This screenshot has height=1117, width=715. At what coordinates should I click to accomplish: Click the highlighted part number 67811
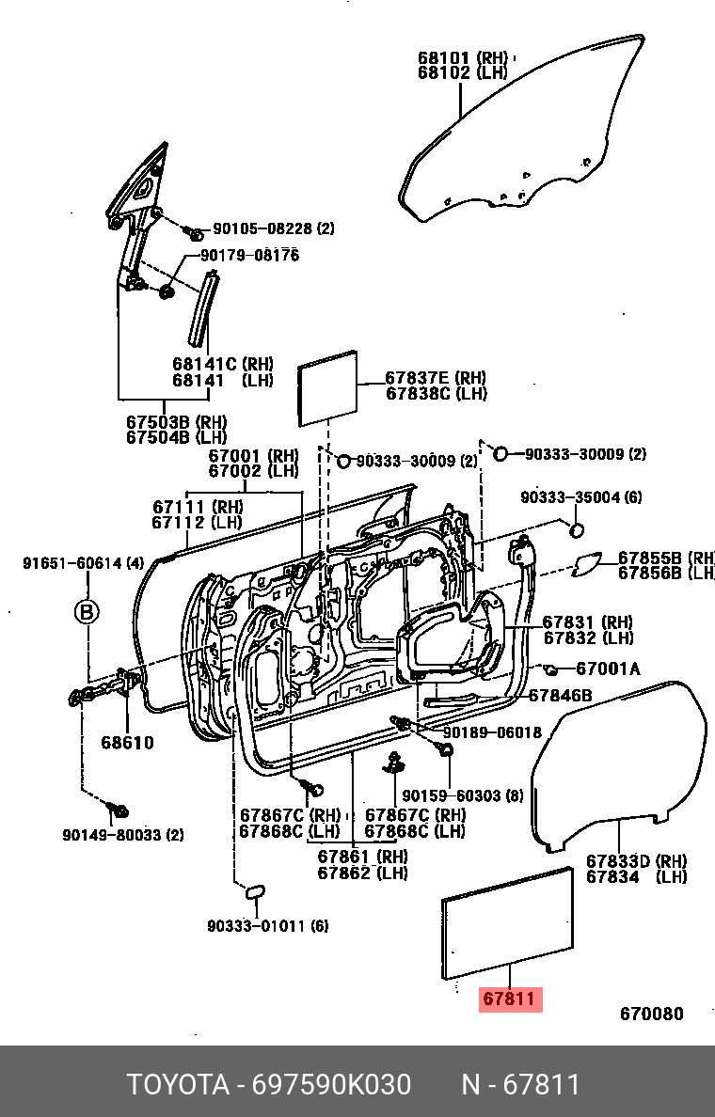(x=511, y=999)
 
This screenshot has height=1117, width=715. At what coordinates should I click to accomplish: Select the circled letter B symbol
(x=87, y=612)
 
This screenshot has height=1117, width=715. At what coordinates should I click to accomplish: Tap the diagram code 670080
(x=651, y=1014)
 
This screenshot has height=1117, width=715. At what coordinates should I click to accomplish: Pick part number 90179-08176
(x=248, y=255)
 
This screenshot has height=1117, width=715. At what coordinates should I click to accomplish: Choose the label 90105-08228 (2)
(x=273, y=228)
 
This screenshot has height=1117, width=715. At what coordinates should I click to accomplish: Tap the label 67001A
(x=607, y=669)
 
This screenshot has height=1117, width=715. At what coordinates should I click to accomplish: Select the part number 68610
(x=127, y=743)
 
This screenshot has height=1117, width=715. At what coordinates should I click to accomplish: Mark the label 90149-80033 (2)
(x=123, y=834)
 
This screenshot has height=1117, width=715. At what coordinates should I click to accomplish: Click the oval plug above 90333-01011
(x=256, y=890)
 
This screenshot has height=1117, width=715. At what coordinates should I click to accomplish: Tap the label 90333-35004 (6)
(x=581, y=496)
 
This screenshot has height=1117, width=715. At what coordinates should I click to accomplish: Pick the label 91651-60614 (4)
(x=83, y=563)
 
